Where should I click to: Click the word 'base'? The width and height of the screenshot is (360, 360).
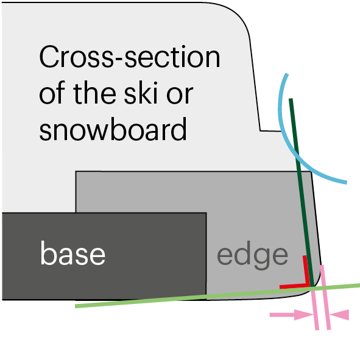click(x=72, y=253)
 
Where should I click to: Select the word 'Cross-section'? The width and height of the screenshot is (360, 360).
click(x=130, y=57)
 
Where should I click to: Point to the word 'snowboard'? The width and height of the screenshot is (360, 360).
click(x=113, y=129)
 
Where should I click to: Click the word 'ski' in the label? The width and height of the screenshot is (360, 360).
click(x=141, y=93)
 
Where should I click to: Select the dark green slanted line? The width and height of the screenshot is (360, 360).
click(x=302, y=192)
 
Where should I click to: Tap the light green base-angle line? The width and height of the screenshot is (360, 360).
click(x=217, y=295)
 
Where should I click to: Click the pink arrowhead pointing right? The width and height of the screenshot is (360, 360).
click(x=303, y=315)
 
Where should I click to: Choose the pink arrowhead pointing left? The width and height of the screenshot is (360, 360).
click(x=339, y=314)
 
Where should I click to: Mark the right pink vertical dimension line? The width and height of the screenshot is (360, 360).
click(x=325, y=297)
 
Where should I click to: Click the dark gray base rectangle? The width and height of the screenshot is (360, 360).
click(x=104, y=256)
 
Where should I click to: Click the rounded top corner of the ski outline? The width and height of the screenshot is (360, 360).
click(x=239, y=16)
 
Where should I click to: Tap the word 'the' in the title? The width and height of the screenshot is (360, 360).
click(x=94, y=93)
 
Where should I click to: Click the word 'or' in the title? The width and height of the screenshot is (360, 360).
click(x=180, y=94)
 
